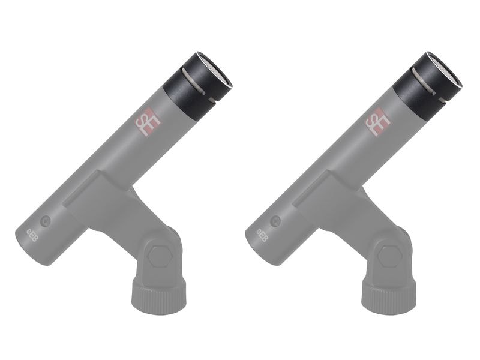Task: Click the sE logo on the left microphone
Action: [x=148, y=122]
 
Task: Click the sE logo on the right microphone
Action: [x=378, y=122]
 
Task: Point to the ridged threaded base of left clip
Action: [x=159, y=295]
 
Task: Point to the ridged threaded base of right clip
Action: [x=389, y=295]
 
